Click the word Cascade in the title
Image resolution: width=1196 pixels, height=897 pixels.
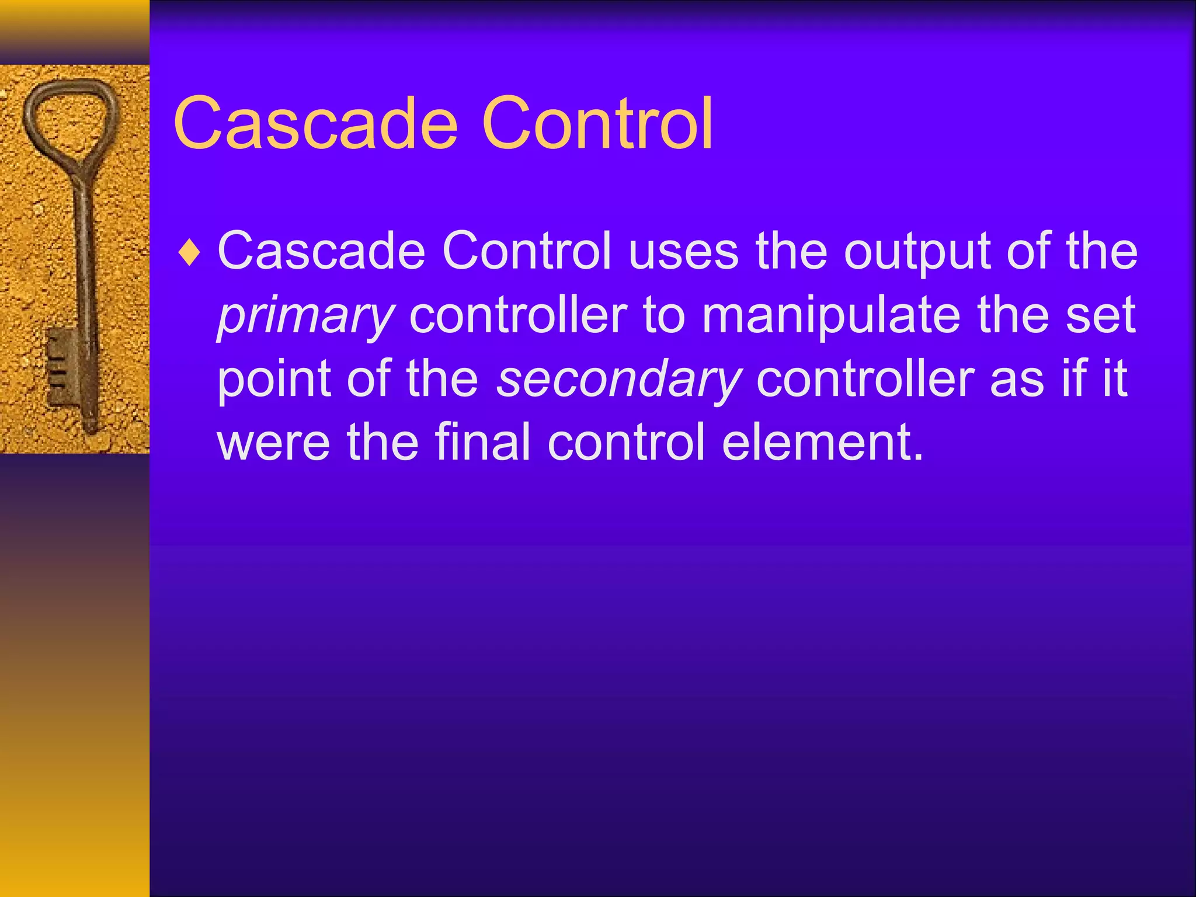tap(315, 124)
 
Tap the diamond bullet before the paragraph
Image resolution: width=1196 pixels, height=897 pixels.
tap(190, 253)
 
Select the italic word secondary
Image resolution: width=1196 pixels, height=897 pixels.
tap(619, 380)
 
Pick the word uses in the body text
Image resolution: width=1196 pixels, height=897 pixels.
tap(683, 252)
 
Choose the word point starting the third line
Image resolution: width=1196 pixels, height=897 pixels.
tap(274, 381)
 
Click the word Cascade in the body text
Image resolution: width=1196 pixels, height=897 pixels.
tap(321, 252)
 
